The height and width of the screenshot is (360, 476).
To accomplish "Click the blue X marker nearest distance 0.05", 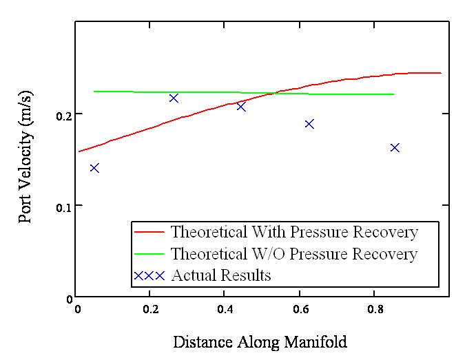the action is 94,168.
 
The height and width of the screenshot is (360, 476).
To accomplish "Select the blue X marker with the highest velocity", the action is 174,98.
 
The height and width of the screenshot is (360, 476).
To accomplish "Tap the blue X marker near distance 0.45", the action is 241,107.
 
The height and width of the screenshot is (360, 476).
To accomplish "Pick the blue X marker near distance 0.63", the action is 309,124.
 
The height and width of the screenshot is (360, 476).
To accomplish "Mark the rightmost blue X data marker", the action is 395,148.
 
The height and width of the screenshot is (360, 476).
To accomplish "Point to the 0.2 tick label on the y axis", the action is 63,116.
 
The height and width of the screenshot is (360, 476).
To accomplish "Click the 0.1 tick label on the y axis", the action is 63,208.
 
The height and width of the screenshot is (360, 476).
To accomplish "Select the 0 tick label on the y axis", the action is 69,299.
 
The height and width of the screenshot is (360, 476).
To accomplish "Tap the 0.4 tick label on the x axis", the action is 225,309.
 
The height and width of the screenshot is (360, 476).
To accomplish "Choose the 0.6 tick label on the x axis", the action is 300,309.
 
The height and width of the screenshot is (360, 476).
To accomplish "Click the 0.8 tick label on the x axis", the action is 375,309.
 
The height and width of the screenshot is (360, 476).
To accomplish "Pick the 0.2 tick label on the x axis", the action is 151,309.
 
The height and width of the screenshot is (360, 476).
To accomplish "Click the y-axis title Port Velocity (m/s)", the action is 25,157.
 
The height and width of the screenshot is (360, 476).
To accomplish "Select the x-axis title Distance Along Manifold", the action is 260,342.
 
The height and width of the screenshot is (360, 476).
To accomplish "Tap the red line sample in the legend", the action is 149,232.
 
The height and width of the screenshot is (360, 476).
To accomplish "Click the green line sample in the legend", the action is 149,254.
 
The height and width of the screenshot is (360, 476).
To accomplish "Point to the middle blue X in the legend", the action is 149,276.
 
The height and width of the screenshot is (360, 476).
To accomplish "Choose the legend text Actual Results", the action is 221,275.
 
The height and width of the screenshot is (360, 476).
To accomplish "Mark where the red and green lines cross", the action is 274,93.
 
